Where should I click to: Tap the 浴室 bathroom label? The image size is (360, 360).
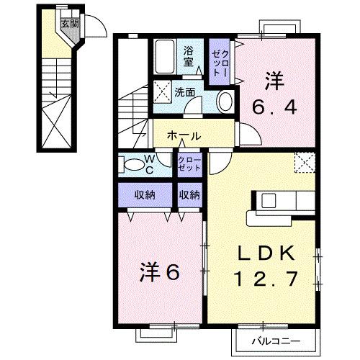[x=189, y=55]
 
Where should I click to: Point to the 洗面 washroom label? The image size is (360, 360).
[x=185, y=92]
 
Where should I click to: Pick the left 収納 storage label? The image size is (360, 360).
[x=145, y=194]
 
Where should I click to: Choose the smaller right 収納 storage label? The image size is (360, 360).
[x=190, y=194]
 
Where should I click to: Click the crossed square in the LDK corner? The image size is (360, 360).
[x=305, y=163]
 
